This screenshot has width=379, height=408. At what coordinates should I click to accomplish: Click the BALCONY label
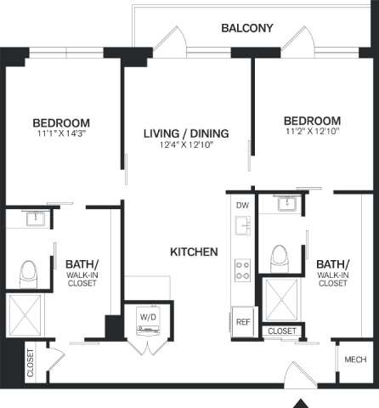pyautogui.click(x=246, y=28)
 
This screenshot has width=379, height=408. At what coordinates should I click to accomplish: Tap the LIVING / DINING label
pyautogui.click(x=184, y=133)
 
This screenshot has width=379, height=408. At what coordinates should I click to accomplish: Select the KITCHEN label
pyautogui.click(x=195, y=252)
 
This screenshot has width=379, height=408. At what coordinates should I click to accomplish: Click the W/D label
pyautogui.click(x=147, y=319)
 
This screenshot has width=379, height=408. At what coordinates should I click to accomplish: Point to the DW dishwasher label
pyautogui.click(x=241, y=205)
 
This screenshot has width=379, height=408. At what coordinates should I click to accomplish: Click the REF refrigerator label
pyautogui.click(x=242, y=322)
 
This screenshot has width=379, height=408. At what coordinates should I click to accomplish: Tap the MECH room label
pyautogui.click(x=355, y=360)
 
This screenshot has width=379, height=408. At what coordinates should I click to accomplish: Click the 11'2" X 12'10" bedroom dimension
pyautogui.click(x=312, y=133)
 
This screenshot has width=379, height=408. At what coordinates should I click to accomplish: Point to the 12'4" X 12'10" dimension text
pyautogui.click(x=184, y=144)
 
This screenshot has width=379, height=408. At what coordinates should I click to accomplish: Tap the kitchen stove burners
pyautogui.click(x=242, y=269)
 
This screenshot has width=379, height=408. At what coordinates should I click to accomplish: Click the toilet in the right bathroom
pyautogui.click(x=278, y=257)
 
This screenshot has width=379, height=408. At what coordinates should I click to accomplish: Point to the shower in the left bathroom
pyautogui.click(x=29, y=316)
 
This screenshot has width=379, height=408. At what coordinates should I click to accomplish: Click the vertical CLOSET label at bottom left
pyautogui.click(x=30, y=361)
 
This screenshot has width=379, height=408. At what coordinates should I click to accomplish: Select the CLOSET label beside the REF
pyautogui.click(x=282, y=331)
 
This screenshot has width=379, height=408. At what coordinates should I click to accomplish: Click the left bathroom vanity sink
pyautogui.click(x=37, y=219)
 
